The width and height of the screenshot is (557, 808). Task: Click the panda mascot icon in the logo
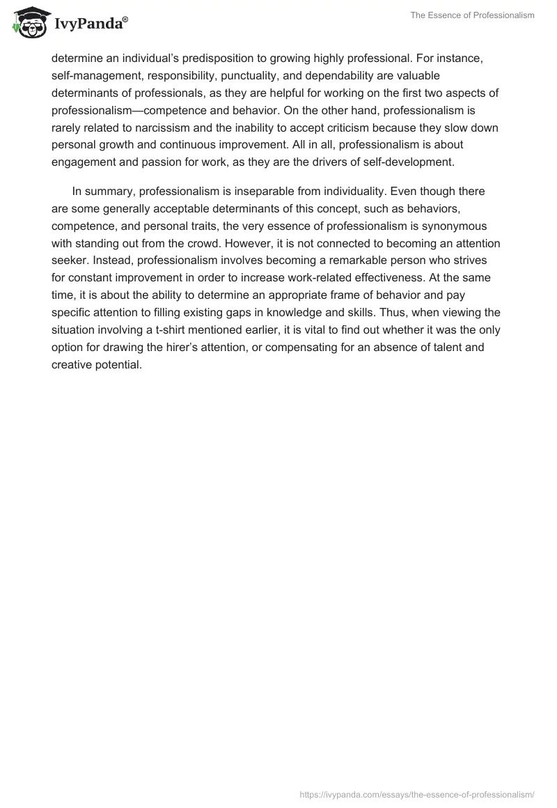coord(28,22)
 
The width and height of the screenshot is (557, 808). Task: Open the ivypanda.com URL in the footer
coord(416,793)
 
